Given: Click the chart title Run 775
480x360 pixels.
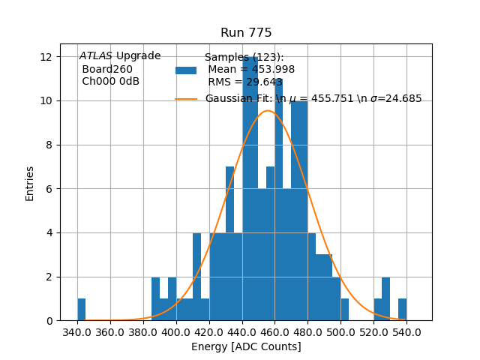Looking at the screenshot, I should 246,33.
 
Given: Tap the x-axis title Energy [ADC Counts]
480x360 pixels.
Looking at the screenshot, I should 246,346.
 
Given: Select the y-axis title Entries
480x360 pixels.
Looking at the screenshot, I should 30,183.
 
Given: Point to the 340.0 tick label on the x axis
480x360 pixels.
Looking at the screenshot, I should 77,332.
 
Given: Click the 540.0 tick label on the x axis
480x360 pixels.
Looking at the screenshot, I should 406,332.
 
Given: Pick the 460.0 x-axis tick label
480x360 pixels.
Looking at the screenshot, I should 275,332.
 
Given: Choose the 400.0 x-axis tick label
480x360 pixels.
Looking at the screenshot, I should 176,332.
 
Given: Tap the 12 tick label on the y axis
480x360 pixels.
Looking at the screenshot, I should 45,57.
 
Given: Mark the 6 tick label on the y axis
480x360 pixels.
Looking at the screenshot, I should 48,189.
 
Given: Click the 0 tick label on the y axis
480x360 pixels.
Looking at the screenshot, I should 48,321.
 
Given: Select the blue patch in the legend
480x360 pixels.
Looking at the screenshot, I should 186,70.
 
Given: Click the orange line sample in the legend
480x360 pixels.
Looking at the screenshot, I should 186,99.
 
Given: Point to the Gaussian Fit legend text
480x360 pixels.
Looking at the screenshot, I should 313,99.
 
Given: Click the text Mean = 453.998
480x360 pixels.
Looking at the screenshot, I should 251,70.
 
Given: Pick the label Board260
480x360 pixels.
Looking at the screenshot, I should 107,70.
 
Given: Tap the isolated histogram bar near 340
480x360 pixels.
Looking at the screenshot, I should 81,310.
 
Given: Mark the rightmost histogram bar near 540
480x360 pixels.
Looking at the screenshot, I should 402,310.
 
